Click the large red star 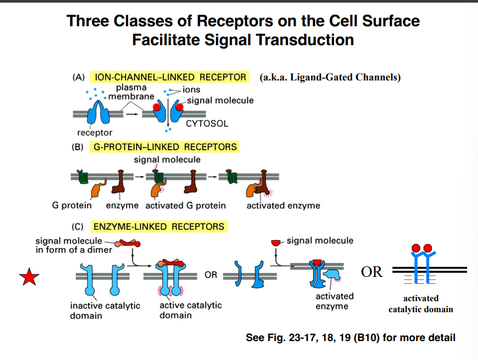[x=29, y=277]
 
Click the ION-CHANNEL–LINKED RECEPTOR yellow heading [x=170, y=77]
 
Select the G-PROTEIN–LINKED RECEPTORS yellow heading [x=165, y=147]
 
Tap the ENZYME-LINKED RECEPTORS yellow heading [x=159, y=227]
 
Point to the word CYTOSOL [x=207, y=124]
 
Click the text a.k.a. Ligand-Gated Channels [x=330, y=78]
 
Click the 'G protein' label [x=71, y=205]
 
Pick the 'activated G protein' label [x=185, y=205]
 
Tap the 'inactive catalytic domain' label [x=105, y=310]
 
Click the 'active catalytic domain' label [x=190, y=310]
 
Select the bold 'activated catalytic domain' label [x=421, y=304]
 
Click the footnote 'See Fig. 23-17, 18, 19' [x=350, y=337]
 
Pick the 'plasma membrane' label [x=131, y=92]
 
